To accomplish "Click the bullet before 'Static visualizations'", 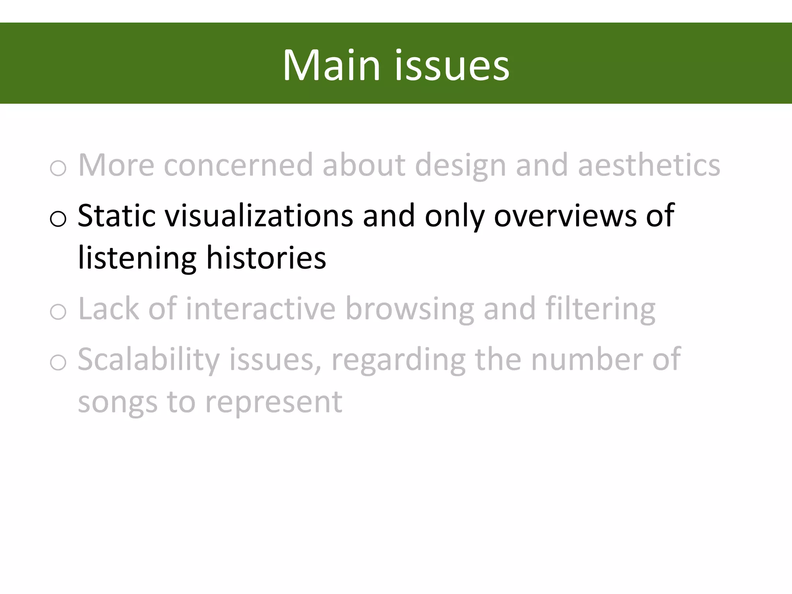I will click(x=58, y=218).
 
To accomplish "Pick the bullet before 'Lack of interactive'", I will click(x=58, y=312).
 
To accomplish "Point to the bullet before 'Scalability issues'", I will click(x=58, y=362).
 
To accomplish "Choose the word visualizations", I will click(x=259, y=215).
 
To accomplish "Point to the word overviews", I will click(x=565, y=215).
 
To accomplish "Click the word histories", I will click(x=266, y=258).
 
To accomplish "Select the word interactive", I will click(x=261, y=309).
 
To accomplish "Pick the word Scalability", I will click(x=148, y=360).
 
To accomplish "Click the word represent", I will click(x=273, y=402).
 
